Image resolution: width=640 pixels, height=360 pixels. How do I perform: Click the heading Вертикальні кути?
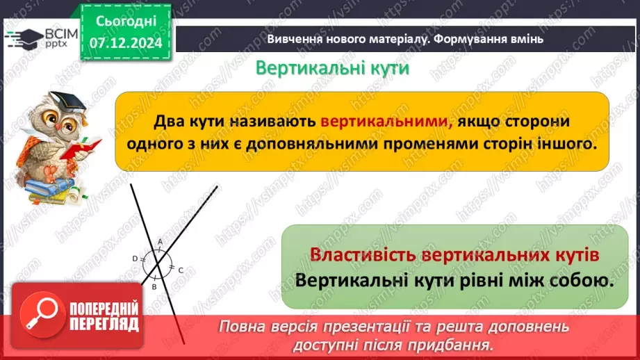point(332,69)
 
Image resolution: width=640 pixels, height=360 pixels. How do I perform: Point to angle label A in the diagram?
point(160,242)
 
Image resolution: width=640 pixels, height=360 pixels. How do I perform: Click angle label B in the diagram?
point(155,286)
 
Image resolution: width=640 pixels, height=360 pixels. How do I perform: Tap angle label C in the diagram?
point(181,270)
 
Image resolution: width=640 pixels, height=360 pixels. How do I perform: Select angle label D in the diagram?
point(135,259)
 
